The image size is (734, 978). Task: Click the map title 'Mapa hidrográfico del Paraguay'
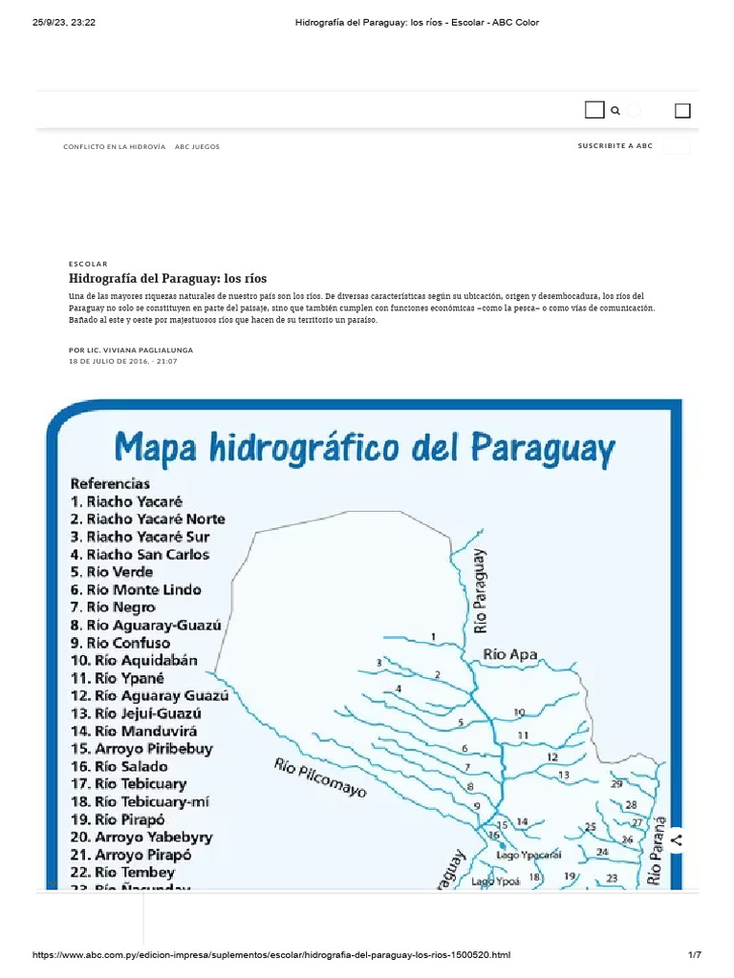[x=365, y=447]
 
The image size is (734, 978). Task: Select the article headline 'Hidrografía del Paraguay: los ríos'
[x=167, y=278]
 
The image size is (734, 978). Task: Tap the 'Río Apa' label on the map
[x=509, y=655]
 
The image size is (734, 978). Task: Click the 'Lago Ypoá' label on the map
[x=495, y=882]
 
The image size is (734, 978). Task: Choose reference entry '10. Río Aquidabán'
[x=134, y=660]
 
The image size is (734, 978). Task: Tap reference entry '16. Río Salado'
[x=119, y=766]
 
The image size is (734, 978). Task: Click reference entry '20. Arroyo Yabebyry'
[x=141, y=837]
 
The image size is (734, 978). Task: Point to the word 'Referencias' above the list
[x=110, y=483]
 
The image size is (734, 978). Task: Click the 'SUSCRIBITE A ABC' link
[x=615, y=146]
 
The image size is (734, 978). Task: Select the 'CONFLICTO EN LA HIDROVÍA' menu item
[x=114, y=147]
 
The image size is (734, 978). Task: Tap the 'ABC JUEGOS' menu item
[x=197, y=147]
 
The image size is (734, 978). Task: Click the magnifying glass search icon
[x=615, y=111]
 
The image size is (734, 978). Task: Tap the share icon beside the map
[x=677, y=840]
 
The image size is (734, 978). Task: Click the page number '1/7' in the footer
[x=695, y=955]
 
